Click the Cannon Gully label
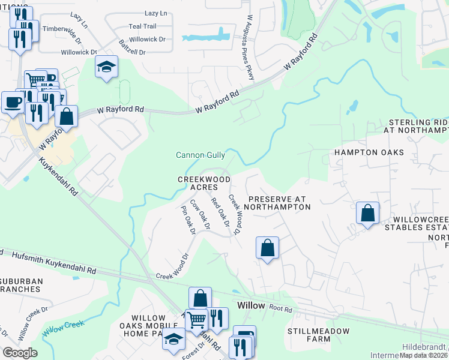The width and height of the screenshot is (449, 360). point(200,155)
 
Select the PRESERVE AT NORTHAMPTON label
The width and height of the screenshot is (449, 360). point(279,202)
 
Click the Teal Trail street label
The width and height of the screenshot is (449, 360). point(142,26)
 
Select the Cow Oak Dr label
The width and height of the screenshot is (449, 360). point(200,214)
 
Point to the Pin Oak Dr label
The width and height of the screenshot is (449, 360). point(188,220)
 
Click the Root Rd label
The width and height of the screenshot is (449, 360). point(280,309)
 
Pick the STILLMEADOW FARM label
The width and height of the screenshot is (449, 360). point(309,335)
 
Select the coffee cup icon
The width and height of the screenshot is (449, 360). point(13,102)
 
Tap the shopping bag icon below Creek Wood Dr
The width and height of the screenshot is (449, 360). point(268,247)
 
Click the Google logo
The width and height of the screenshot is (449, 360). point(20,353)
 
